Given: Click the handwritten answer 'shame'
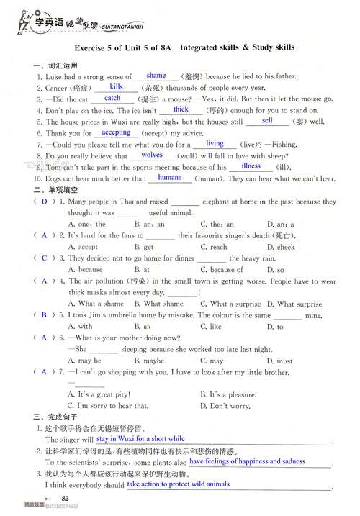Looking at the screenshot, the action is tap(156, 75).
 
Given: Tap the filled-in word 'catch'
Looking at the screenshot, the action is tap(112, 98).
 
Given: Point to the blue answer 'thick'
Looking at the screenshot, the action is tap(180, 109).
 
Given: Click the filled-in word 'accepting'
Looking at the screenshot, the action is tap(117, 132).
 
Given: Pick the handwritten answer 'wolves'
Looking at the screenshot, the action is tap(152, 155).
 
